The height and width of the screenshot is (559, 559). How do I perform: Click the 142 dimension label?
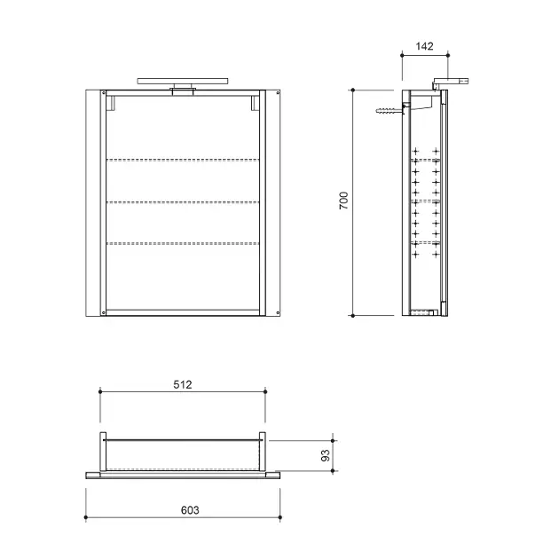424,46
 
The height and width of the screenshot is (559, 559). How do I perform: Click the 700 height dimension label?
343,201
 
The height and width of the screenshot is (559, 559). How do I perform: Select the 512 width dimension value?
183,385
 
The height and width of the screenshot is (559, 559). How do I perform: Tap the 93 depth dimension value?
326,455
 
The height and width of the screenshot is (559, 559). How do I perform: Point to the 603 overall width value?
190,510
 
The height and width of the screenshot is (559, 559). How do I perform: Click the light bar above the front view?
183,82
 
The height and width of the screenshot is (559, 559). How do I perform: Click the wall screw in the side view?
390,111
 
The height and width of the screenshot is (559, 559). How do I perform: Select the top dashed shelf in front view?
183,160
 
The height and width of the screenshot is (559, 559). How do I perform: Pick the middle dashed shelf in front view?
183,202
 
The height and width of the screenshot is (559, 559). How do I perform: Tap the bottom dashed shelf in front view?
183,243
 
